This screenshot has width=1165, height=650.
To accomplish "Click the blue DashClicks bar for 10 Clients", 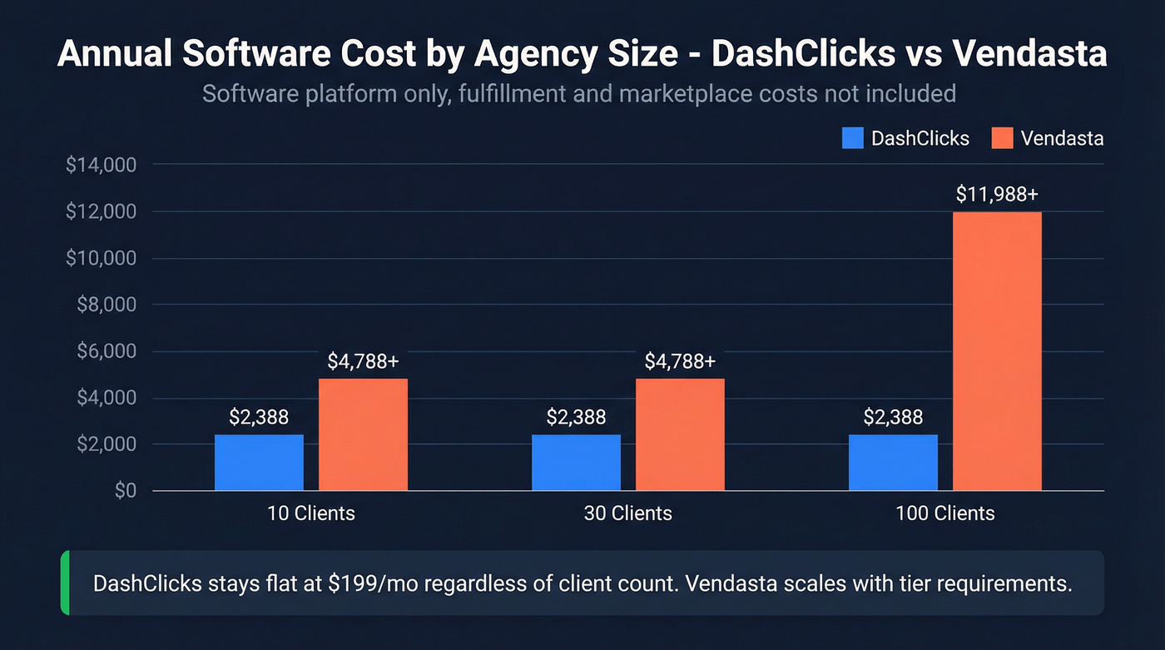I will click(x=259, y=463).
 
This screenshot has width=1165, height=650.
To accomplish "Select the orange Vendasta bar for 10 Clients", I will click(x=363, y=434).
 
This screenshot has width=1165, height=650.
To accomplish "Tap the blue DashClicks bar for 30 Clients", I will click(x=576, y=463).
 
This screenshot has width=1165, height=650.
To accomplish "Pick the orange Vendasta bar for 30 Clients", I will click(x=680, y=434).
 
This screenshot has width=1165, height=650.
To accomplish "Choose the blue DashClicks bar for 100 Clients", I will click(x=893, y=463).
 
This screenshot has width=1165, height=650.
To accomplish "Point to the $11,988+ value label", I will click(x=997, y=195).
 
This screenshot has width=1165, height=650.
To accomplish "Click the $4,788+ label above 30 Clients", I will click(x=680, y=362).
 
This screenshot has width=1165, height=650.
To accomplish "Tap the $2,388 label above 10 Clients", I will click(x=259, y=417).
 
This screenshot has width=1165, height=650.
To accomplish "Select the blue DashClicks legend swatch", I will click(x=853, y=138).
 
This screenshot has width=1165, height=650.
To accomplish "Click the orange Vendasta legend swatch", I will click(x=1003, y=138).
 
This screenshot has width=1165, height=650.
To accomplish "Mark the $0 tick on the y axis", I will click(x=125, y=491).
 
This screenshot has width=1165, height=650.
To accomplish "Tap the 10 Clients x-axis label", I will click(x=311, y=514).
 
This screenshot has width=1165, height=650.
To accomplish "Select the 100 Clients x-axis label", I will click(x=944, y=514).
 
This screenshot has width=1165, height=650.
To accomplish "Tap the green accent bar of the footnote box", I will click(x=65, y=583).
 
